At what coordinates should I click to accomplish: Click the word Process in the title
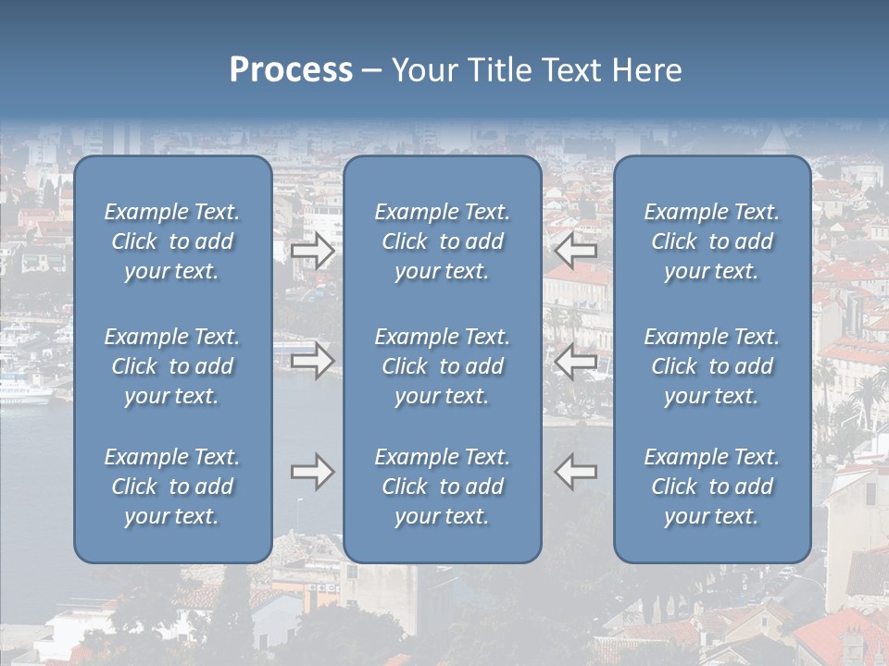(291, 70)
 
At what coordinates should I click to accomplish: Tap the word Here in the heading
(647, 70)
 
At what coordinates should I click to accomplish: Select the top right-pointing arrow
(313, 250)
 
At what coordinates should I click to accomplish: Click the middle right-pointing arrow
(313, 360)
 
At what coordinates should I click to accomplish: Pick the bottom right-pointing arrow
(313, 472)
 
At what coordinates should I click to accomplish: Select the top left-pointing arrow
(576, 250)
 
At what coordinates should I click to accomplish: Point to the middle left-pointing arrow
(576, 360)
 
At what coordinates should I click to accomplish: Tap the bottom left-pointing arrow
(576, 472)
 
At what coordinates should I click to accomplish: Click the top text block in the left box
(172, 241)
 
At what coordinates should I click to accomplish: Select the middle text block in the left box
(172, 366)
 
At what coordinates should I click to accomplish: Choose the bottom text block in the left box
(172, 487)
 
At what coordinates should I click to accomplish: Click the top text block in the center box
(442, 241)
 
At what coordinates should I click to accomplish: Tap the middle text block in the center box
(442, 366)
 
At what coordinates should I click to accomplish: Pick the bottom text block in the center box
(442, 487)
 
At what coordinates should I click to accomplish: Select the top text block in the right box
(711, 241)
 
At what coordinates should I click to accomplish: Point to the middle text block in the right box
(711, 366)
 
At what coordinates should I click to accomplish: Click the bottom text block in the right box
(711, 487)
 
